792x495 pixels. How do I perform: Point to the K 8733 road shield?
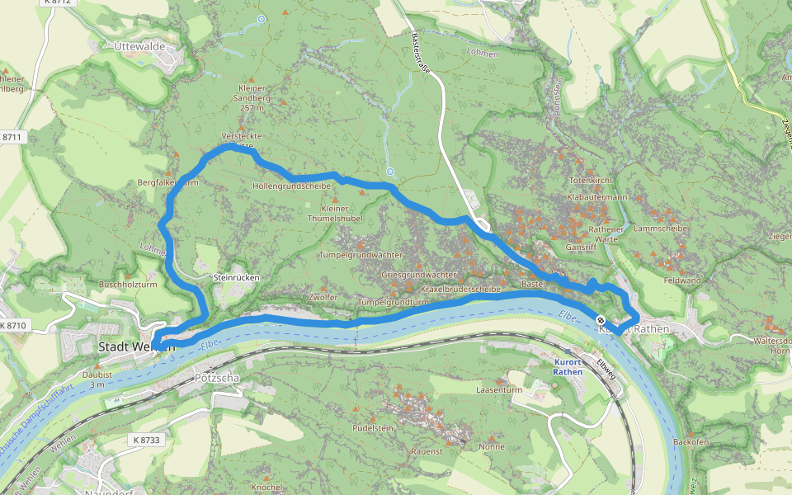pyautogui.click(x=144, y=440)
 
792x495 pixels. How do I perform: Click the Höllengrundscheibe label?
pyautogui.click(x=291, y=186)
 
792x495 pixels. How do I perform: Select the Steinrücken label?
pyautogui.click(x=236, y=278)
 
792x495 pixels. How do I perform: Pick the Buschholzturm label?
pyautogui.click(x=127, y=285)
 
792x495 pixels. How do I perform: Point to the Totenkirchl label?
pyautogui.click(x=589, y=180)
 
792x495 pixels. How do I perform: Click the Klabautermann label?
pyautogui.click(x=597, y=198)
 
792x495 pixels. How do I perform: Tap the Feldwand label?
pyautogui.click(x=681, y=280)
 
